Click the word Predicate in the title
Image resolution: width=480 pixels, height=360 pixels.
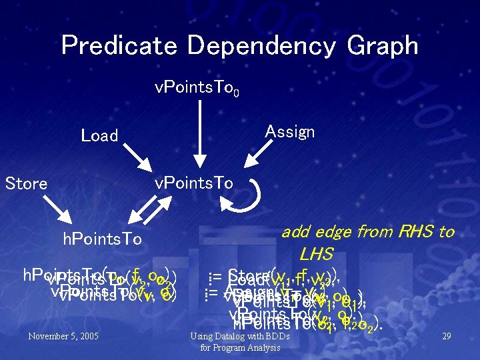[x=119, y=46]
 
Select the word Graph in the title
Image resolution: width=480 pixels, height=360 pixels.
[x=383, y=47]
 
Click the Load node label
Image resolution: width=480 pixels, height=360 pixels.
[x=99, y=136]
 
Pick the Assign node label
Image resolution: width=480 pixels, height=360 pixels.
[x=290, y=131]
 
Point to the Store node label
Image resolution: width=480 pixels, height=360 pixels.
[x=26, y=183]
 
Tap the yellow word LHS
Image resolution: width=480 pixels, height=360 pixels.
[x=316, y=255]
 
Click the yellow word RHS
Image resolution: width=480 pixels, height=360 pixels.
[x=416, y=232]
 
